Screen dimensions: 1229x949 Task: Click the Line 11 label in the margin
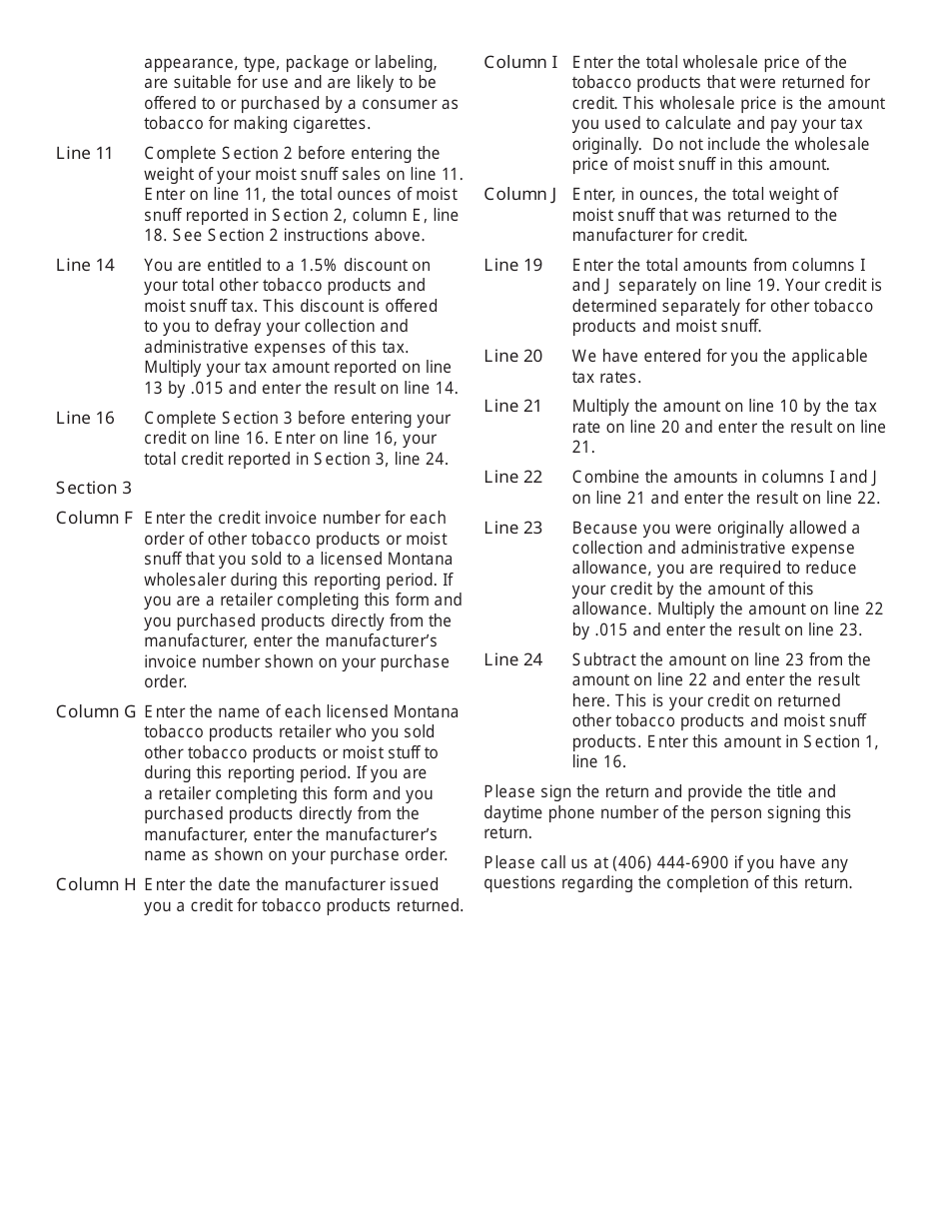coord(85,153)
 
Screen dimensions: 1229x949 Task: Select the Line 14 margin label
coord(85,265)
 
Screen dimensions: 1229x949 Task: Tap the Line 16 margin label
coord(85,418)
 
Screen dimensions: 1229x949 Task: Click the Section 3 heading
coord(94,488)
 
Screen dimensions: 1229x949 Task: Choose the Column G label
coord(95,711)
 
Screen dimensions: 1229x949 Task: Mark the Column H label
coord(95,884)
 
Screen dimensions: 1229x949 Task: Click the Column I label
coord(520,62)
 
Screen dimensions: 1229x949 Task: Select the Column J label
coord(520,194)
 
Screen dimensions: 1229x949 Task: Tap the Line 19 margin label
coord(513,265)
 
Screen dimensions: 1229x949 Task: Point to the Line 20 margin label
coord(513,356)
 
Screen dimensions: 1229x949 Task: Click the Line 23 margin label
coord(513,528)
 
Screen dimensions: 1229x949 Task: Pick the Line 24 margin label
coord(513,659)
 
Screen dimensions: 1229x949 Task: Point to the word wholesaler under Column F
coord(188,580)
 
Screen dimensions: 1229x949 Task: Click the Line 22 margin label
coord(513,477)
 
